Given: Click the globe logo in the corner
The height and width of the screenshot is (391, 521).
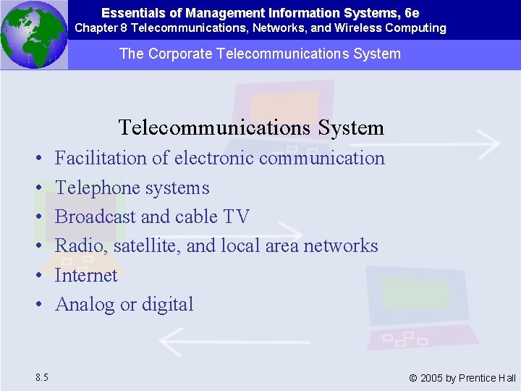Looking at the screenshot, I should [x=33, y=34].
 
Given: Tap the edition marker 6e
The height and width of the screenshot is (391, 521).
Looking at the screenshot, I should [x=412, y=13].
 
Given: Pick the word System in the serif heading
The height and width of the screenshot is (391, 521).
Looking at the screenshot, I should [x=351, y=127].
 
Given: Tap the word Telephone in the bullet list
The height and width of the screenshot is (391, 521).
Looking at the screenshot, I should [x=98, y=188].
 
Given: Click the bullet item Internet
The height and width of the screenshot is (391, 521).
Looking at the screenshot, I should [x=86, y=275].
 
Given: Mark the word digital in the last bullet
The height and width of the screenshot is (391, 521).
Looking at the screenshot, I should [x=167, y=304].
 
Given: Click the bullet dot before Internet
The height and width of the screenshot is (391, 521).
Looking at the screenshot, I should [x=36, y=276].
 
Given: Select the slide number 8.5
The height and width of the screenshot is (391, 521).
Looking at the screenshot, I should [x=41, y=377].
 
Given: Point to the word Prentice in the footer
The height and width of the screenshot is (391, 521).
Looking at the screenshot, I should [x=478, y=378].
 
